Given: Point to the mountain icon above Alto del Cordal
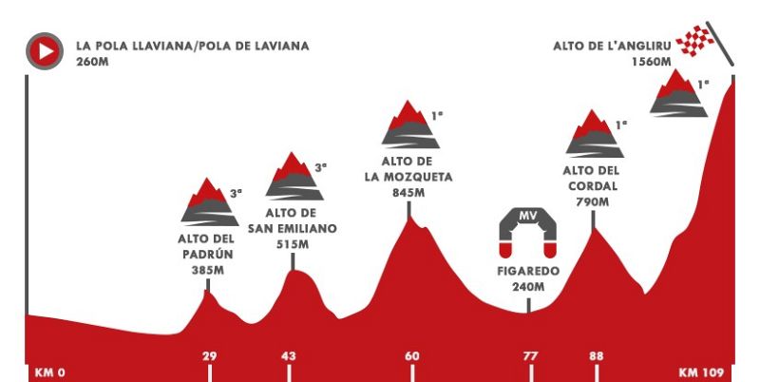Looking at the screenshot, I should click(x=595, y=134).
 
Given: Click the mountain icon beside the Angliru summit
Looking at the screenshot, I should click(x=679, y=95).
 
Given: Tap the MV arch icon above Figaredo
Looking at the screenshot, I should click(x=527, y=232).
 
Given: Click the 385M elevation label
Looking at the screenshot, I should click(x=206, y=270).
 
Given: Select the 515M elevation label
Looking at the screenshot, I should click(x=293, y=245).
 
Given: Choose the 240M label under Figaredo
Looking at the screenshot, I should click(x=527, y=288).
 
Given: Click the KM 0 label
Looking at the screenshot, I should click(x=48, y=372).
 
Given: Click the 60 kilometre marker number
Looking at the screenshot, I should click(x=411, y=356).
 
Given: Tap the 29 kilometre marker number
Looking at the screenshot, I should click(x=210, y=356).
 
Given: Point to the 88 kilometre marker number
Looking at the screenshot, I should click(x=596, y=356).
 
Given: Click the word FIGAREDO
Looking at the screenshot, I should click(x=527, y=271).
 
